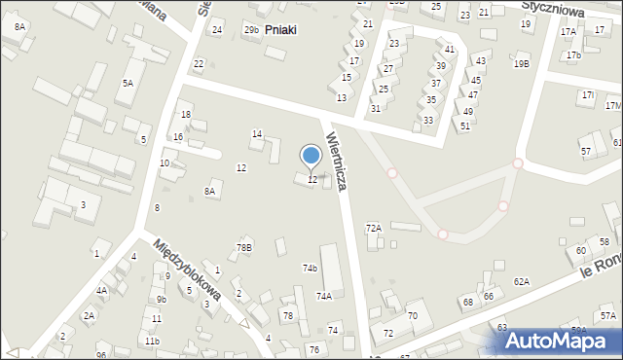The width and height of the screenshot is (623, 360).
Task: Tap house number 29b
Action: coord(251,30)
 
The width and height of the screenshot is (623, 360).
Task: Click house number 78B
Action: coord(243,248)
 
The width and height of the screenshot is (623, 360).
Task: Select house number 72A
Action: coord(373,228)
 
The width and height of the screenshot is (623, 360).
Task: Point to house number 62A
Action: coord(522,281)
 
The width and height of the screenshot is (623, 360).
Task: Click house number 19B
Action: coord(522,64)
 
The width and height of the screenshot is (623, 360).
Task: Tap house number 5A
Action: coord(128,84)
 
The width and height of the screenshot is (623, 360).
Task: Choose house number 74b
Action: coord(310,268)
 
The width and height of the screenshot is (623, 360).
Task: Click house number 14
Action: coord(257,134)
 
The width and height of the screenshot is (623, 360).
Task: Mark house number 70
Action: coord(413,315)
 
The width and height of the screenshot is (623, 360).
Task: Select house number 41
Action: coord(450,50)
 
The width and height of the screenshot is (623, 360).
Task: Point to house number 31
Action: coord(376,108)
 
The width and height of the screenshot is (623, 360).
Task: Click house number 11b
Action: coord(152,341)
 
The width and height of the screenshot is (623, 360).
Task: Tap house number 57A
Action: coord(608,316)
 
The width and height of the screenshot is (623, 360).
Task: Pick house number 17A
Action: coord(568,32)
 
